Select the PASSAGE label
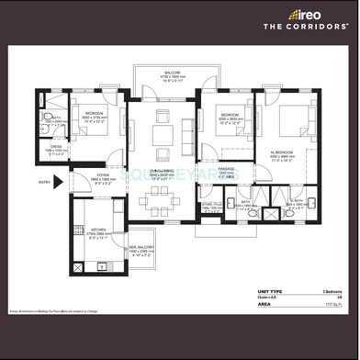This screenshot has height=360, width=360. (227, 168)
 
